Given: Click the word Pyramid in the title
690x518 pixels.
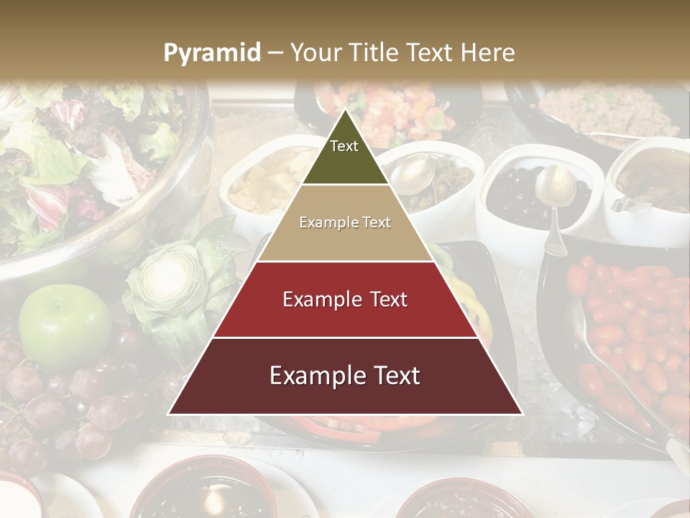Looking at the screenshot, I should [x=211, y=53].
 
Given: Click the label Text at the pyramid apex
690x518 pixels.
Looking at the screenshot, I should [x=344, y=146].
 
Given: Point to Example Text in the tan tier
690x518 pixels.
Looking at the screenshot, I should [x=345, y=223].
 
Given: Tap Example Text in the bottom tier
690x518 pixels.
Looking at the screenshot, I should [x=345, y=376].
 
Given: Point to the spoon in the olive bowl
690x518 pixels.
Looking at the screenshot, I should [x=554, y=194].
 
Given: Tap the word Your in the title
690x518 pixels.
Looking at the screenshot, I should [x=316, y=53].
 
